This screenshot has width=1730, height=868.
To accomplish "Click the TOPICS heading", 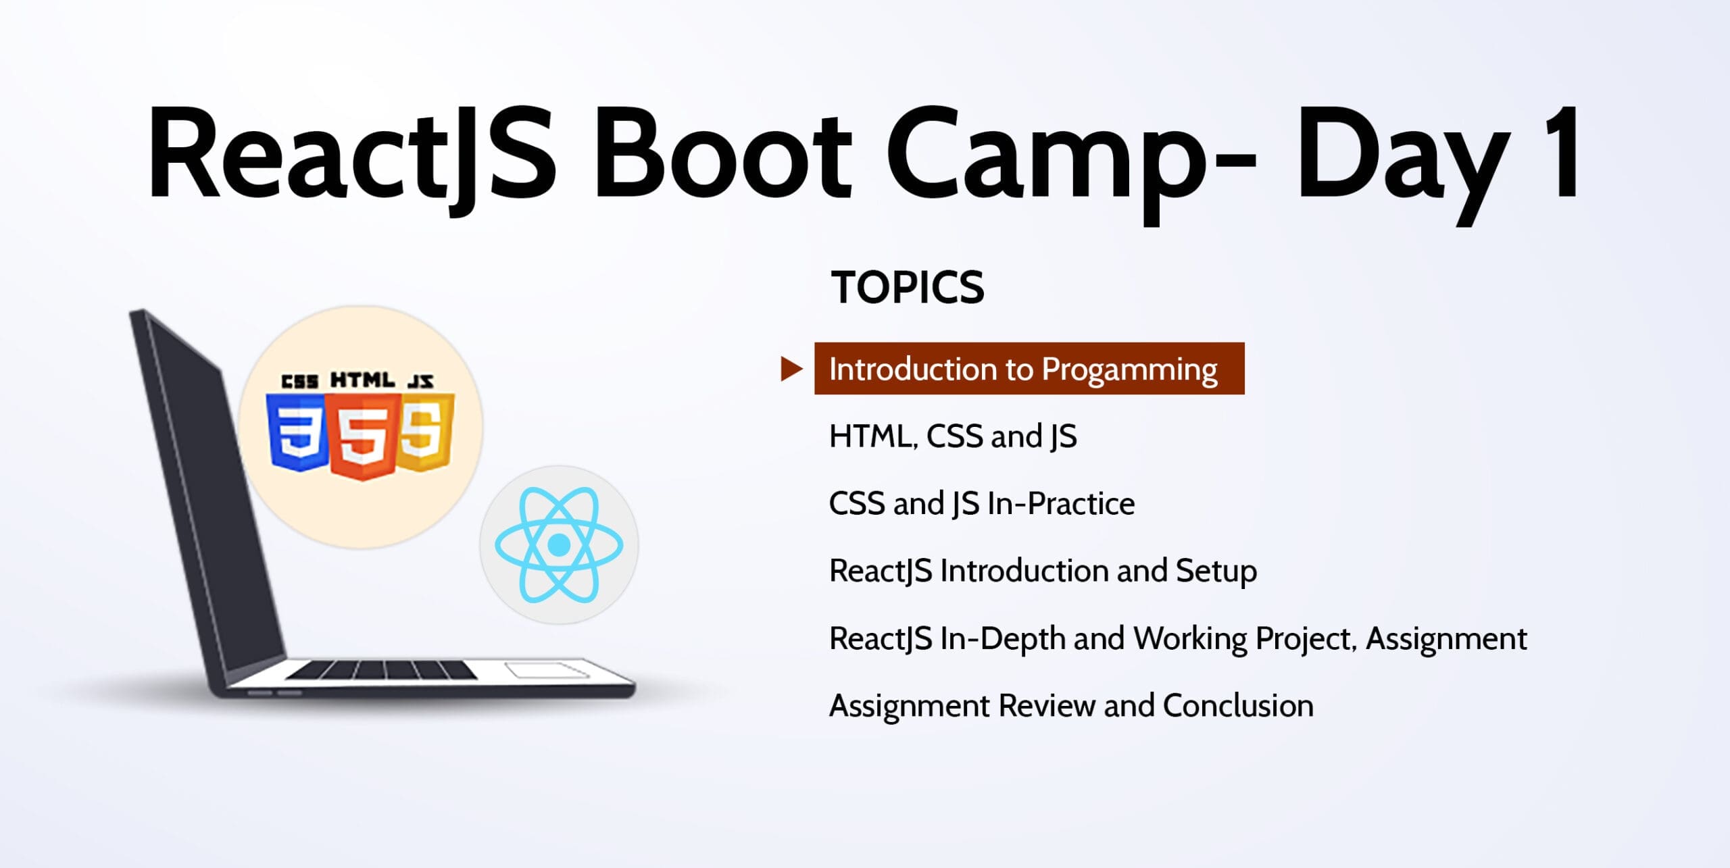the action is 908,287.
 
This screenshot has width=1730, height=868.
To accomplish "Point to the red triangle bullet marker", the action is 791,369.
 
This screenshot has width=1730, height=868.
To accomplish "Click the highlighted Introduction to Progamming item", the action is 1029,369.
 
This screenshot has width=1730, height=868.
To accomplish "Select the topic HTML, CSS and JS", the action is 953,436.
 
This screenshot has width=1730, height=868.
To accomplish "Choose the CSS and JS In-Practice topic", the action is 982,504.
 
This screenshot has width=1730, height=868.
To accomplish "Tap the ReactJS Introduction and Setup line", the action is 1043,571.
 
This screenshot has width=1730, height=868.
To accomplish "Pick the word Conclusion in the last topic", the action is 1238,705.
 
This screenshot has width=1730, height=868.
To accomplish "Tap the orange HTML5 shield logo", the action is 362,436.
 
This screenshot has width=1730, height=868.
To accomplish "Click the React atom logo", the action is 559,544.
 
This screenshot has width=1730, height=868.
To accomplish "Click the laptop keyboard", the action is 381,670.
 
